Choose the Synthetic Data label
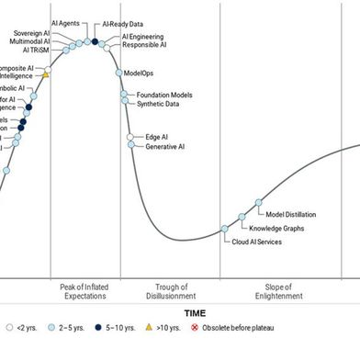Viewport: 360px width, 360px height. click(158, 104)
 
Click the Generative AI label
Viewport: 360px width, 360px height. click(164, 146)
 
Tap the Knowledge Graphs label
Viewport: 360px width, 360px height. click(276, 228)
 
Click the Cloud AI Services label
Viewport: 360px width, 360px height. click(256, 242)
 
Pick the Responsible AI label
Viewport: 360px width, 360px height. click(144, 44)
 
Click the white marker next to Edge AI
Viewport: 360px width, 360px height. click(131, 137)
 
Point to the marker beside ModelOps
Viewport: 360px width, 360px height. click(118, 73)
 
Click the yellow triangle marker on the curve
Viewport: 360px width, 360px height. click(46, 75)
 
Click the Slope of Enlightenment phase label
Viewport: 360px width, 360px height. click(283, 291)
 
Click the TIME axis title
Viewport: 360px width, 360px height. click(194, 313)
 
